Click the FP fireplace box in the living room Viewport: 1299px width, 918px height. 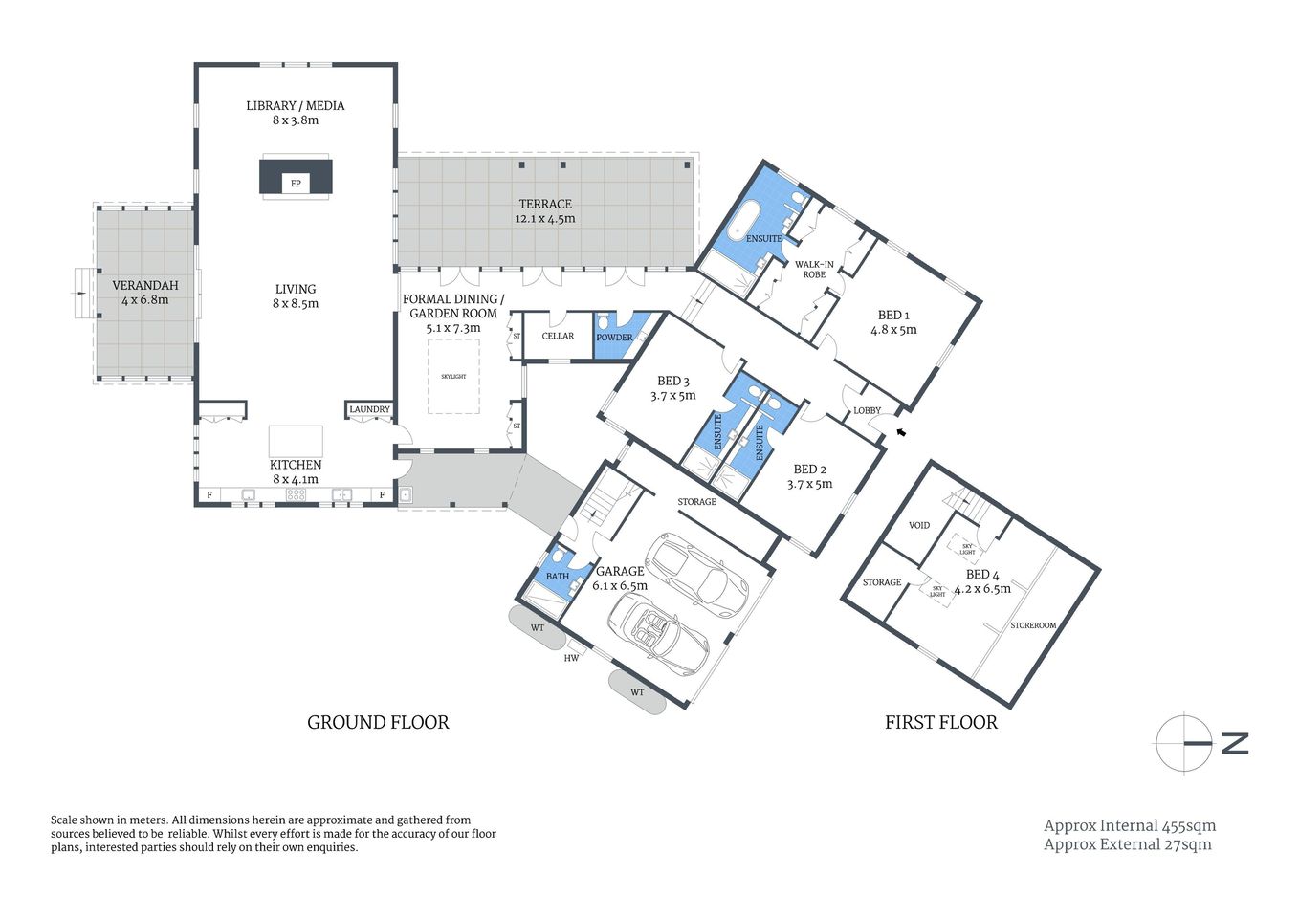pyautogui.click(x=296, y=182)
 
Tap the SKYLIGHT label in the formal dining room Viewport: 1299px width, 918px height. pyautogui.click(x=453, y=377)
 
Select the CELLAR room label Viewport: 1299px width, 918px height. pyautogui.click(x=558, y=336)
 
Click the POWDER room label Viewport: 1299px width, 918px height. pyautogui.click(x=614, y=338)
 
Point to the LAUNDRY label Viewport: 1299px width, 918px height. pyautogui.click(x=369, y=409)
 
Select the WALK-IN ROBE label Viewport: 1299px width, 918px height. pyautogui.click(x=814, y=270)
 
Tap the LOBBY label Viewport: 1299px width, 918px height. pyautogui.click(x=867, y=410)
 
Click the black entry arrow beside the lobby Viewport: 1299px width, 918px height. pyautogui.click(x=900, y=433)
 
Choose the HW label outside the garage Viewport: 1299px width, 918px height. pyautogui.click(x=571, y=658)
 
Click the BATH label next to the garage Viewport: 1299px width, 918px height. pyautogui.click(x=557, y=576)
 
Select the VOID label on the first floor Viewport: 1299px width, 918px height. pyautogui.click(x=919, y=525)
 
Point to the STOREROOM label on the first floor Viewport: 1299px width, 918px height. pyautogui.click(x=1033, y=625)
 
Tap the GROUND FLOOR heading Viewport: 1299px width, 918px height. pyautogui.click(x=378, y=723)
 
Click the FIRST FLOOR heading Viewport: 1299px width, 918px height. pyautogui.click(x=940, y=723)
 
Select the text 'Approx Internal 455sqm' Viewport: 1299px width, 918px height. pyautogui.click(x=1130, y=825)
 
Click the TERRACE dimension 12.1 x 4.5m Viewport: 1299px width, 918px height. pyautogui.click(x=545, y=219)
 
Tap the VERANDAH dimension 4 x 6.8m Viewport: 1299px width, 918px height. pyautogui.click(x=145, y=300)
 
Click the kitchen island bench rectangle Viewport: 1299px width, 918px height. pyautogui.click(x=296, y=441)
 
